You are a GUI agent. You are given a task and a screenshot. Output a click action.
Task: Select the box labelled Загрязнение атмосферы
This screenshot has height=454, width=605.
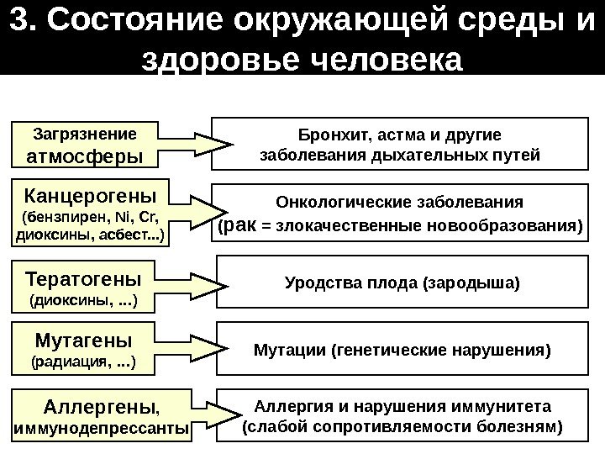(x=84, y=145)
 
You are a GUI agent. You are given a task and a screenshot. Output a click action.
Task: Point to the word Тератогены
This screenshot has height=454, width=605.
(x=84, y=278)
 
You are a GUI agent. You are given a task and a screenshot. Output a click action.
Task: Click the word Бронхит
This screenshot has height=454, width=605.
(x=328, y=135)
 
